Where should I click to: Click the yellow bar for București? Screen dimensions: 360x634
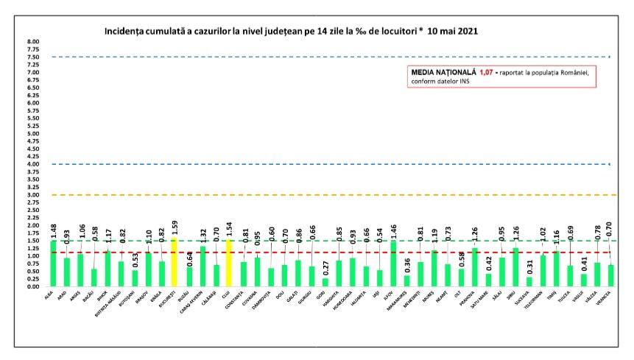click(x=175, y=263)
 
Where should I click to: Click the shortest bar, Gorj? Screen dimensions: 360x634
click(x=325, y=283)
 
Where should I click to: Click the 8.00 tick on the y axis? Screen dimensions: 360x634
click(x=33, y=42)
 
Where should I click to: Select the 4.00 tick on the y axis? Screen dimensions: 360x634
click(x=33, y=164)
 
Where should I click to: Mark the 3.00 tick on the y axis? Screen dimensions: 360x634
click(x=33, y=195)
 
